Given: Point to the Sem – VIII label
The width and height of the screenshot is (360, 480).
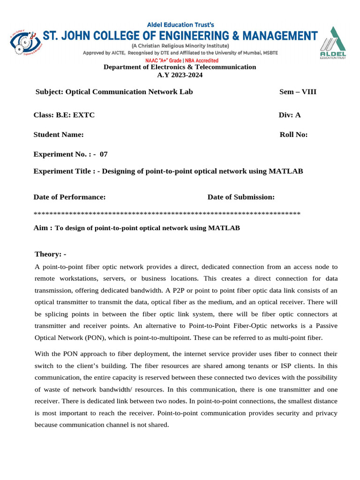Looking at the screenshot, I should (x=298, y=92).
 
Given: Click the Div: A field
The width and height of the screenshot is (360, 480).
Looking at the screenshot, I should (x=289, y=115).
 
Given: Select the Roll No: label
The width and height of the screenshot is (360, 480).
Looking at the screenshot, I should (x=293, y=135).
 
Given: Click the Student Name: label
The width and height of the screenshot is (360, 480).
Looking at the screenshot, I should (x=59, y=135).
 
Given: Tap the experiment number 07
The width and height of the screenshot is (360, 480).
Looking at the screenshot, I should (x=104, y=154).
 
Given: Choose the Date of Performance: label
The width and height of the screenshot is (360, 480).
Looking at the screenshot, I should (x=69, y=197).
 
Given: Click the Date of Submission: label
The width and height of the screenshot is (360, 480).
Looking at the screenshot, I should (x=241, y=197).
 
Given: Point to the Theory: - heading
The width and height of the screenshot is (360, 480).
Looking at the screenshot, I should (x=51, y=254).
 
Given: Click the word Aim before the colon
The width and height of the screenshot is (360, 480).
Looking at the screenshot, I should (x=41, y=228).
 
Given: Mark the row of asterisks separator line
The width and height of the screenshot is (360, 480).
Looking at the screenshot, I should (x=167, y=214).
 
